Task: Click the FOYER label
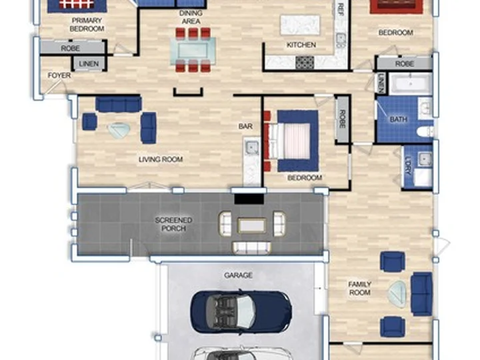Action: [59, 75]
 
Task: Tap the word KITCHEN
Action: [301, 45]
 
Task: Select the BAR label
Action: [245, 126]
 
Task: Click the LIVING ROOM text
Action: [161, 159]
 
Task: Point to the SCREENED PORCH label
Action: [173, 225]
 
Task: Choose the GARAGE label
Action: [238, 275]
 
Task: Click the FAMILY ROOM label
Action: [360, 289]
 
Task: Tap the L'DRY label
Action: [408, 166]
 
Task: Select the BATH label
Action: [398, 119]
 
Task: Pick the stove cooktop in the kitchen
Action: [305, 63]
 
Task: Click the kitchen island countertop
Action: [300, 26]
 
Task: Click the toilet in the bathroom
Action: [425, 131]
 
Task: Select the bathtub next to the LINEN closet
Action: [410, 83]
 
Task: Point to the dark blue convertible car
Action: [241, 311]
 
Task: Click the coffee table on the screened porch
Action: [251, 225]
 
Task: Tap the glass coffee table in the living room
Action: [119, 131]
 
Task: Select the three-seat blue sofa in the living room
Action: [119, 104]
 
